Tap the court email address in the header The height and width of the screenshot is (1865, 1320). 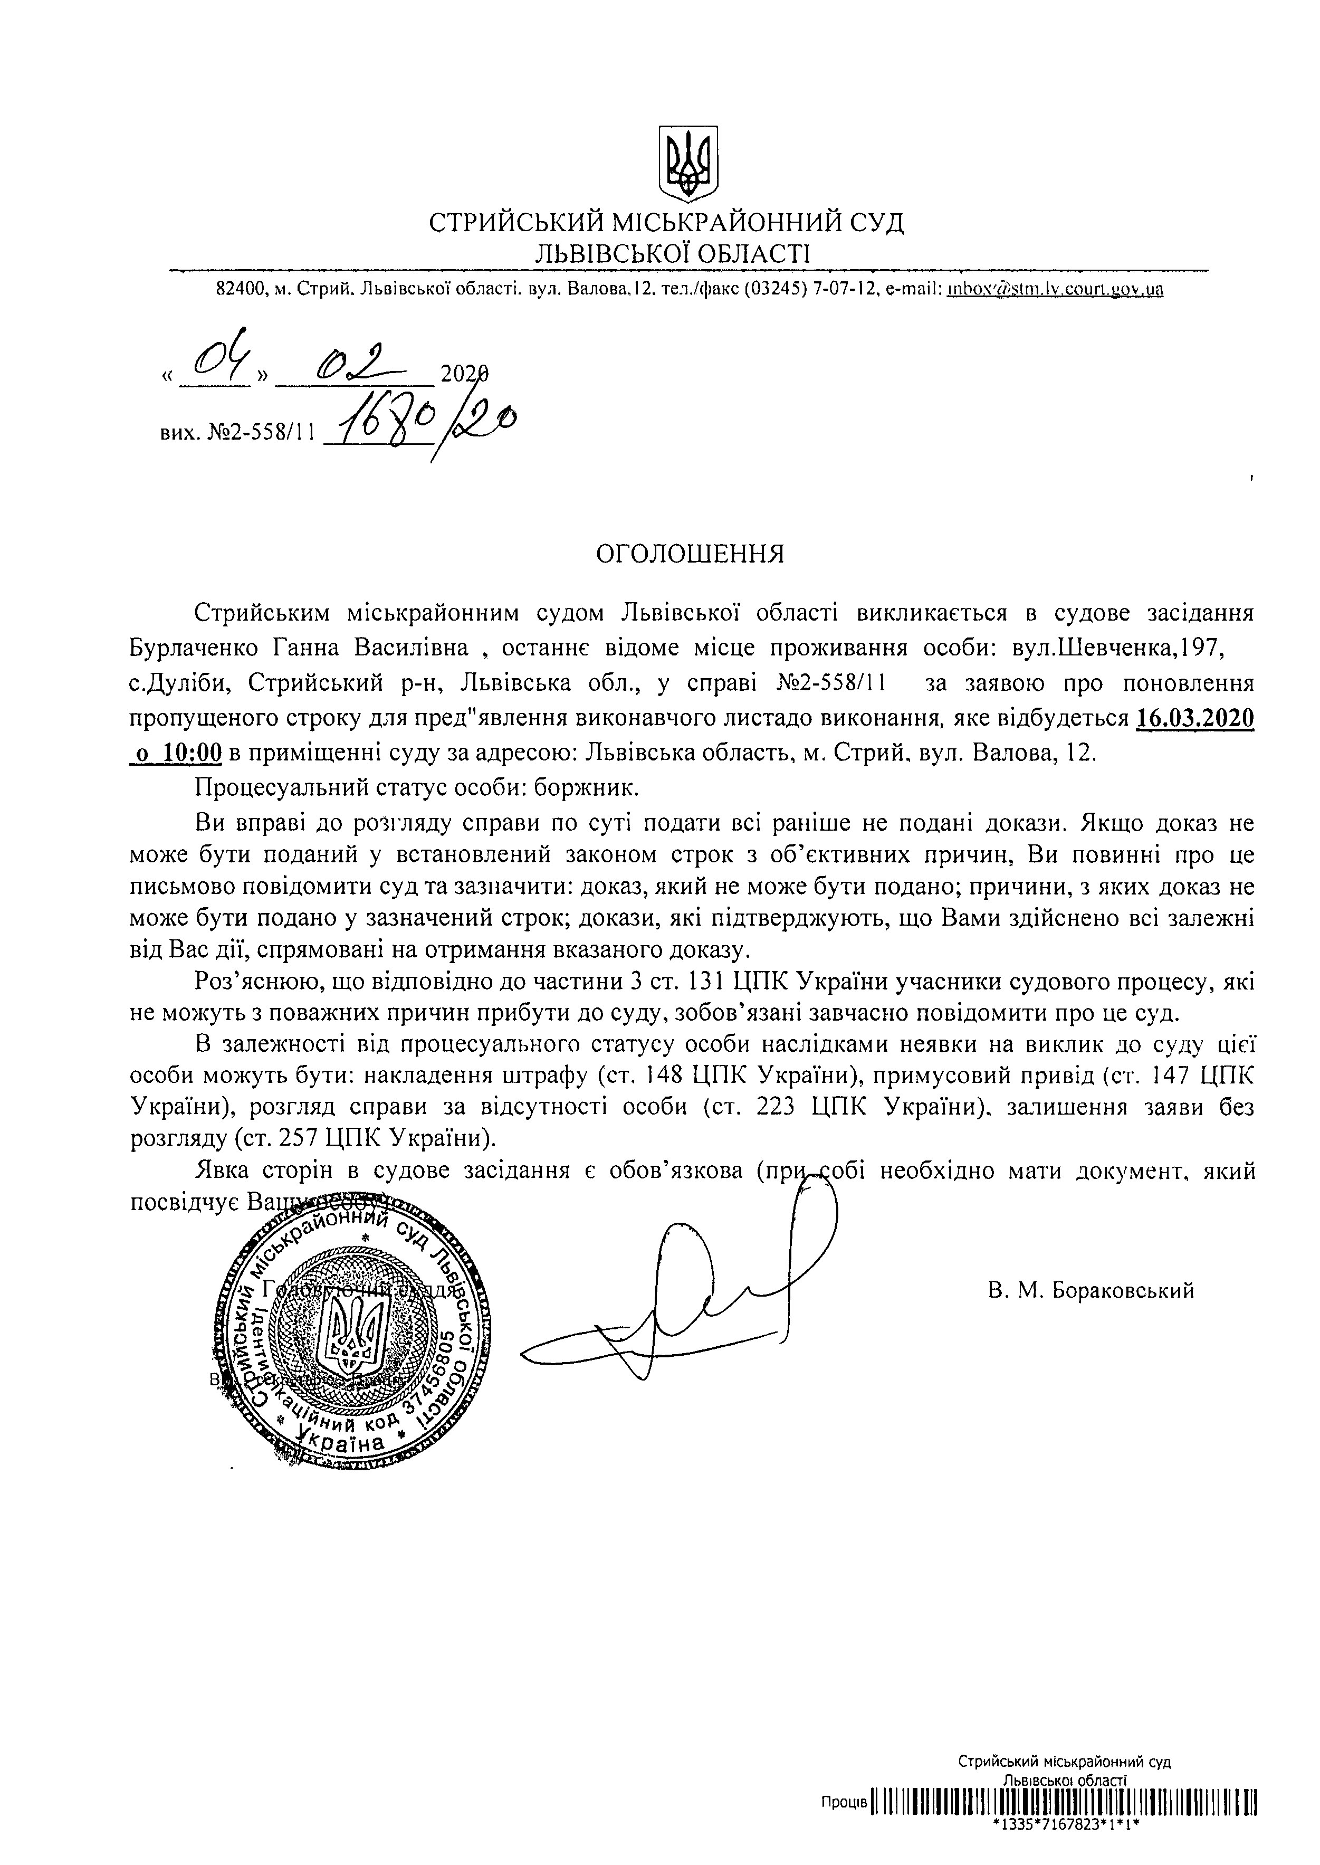[1054, 289]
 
